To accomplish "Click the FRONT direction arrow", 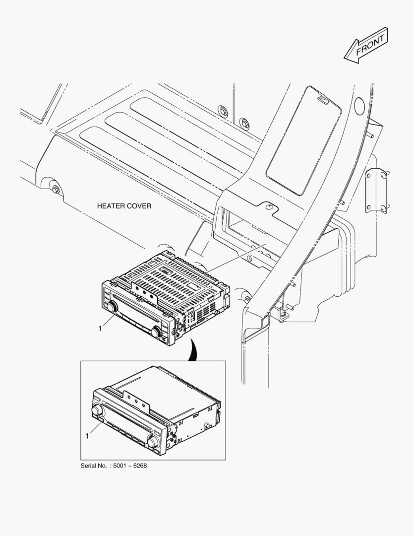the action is (366, 45).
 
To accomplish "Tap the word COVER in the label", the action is (139, 206).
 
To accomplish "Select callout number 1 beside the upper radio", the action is (100, 329).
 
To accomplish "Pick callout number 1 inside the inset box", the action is (87, 436).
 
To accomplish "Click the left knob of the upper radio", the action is (112, 307).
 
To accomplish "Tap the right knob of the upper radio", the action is (157, 332).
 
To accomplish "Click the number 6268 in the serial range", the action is (140, 466).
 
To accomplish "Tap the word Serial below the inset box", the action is (88, 466).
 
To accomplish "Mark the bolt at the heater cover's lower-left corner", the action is (55, 190).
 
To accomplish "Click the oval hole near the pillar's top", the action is (359, 105).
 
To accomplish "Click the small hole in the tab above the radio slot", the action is (269, 207).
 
